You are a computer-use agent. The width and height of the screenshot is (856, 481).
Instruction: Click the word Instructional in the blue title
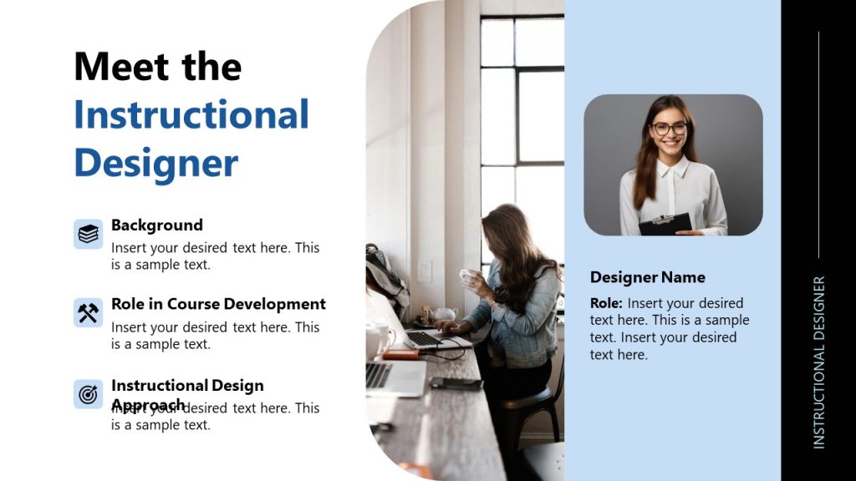click(x=191, y=114)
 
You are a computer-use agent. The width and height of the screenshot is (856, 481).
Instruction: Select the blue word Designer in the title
click(x=155, y=163)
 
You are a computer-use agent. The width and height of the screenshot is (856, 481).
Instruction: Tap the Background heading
click(x=157, y=225)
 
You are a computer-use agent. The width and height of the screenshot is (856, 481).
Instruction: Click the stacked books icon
click(x=89, y=234)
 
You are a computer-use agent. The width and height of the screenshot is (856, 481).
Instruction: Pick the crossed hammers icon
click(x=89, y=313)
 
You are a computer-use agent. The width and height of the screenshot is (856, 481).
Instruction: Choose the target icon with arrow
click(x=89, y=393)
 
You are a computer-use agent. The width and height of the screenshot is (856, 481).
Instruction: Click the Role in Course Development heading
click(x=218, y=304)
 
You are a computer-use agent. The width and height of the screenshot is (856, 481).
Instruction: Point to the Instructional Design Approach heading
click(x=187, y=386)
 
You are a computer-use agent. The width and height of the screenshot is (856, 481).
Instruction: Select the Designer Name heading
click(x=648, y=277)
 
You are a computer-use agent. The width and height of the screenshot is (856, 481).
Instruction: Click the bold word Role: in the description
click(x=606, y=303)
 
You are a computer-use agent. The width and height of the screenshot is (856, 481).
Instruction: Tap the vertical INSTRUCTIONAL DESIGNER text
click(x=819, y=362)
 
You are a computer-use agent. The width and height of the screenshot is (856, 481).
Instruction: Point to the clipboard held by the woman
click(x=665, y=224)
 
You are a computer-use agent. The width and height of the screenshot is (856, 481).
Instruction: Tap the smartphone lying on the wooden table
click(x=456, y=383)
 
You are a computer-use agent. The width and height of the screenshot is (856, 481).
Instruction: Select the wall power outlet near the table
click(x=425, y=270)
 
